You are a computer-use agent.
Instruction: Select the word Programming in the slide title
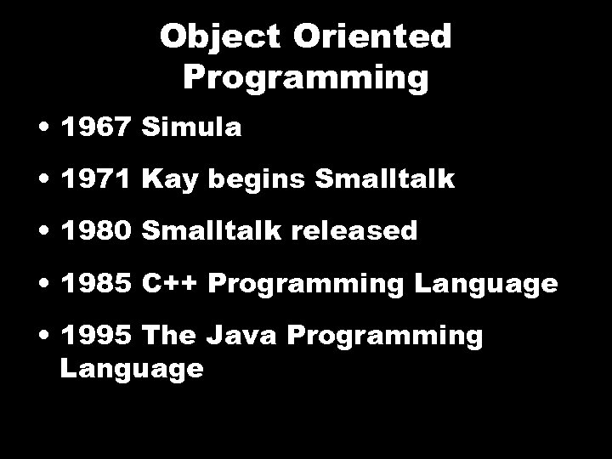click(306, 77)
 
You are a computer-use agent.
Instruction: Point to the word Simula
click(192, 127)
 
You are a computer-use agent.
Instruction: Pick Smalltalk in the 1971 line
click(385, 179)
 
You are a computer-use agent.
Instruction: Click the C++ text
click(170, 283)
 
